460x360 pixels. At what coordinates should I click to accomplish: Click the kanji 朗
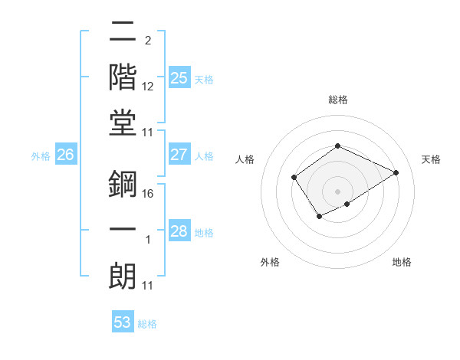123,277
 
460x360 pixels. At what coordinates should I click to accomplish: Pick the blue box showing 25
179,78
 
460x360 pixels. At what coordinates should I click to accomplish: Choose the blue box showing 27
179,155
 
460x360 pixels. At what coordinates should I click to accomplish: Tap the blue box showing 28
179,231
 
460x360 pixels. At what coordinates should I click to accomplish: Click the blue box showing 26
65,155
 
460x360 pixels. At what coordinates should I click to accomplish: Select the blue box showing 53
123,322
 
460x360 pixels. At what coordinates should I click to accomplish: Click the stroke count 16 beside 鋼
148,194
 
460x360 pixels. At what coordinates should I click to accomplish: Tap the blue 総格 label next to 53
147,324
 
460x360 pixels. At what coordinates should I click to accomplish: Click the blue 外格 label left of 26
41,156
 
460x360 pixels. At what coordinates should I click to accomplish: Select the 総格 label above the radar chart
337,100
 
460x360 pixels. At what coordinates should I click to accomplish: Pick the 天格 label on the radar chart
431,160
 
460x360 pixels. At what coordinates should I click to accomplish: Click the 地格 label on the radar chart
402,262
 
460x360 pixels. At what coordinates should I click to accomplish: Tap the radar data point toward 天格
396,172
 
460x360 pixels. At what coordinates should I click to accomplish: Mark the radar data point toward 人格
294,178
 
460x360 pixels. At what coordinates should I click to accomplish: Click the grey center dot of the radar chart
337,191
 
